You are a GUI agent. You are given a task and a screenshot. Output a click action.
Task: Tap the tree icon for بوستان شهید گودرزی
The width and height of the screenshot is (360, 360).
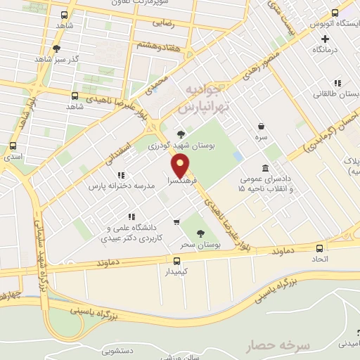(181, 134)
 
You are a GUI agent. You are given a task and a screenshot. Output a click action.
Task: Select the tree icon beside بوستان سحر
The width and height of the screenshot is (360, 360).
(201, 233)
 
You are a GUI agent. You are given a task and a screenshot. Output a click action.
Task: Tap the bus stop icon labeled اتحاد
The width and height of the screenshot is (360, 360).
(320, 248)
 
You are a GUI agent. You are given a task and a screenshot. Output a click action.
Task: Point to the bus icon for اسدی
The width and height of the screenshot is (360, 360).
(13, 146)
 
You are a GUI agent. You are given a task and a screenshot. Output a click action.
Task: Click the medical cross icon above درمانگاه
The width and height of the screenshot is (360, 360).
(325, 39)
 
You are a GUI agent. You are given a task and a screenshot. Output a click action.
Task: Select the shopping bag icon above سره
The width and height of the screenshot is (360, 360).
(262, 126)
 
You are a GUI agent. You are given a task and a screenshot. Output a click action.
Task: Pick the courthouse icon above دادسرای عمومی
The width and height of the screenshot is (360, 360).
(264, 169)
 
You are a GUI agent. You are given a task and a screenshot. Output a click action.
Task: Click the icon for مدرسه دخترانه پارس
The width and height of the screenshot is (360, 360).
(121, 175)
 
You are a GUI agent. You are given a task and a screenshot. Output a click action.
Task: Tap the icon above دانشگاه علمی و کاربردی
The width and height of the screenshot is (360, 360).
(131, 217)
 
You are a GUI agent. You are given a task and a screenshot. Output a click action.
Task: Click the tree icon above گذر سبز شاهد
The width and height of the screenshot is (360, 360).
(56, 49)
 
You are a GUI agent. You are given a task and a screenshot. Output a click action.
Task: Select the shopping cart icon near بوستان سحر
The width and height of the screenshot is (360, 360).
(176, 223)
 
